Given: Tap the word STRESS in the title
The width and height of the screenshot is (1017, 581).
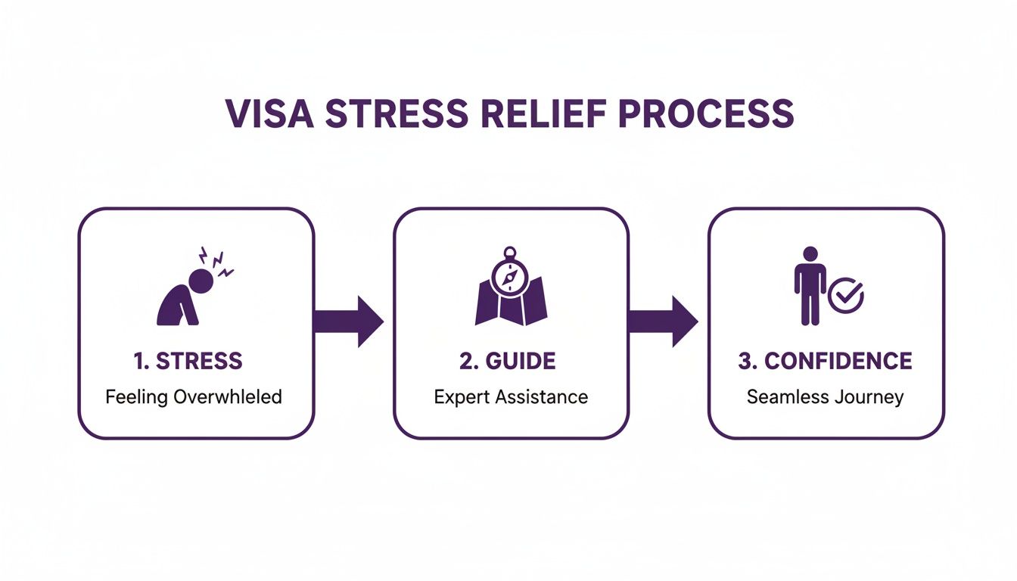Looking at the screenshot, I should pos(400,113).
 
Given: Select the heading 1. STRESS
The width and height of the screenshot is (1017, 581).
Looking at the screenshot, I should pos(188,361).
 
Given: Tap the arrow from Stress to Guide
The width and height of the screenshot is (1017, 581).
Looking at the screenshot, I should pos(348,322).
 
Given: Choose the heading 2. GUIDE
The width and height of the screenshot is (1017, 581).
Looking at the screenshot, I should pos(507,361).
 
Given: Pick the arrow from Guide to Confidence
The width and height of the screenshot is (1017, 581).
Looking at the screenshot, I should pos(663,322).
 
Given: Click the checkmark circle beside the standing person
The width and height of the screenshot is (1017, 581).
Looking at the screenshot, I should pos(846,295).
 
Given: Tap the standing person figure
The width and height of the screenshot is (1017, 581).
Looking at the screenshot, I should pos(810,286).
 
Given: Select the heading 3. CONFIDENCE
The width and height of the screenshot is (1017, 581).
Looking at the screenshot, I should pos(825,361).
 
